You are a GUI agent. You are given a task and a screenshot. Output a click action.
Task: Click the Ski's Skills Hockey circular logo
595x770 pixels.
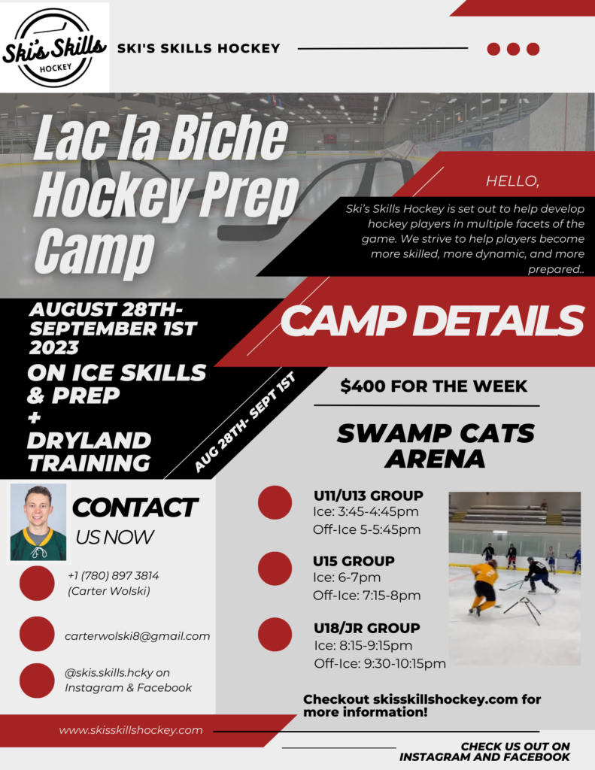(x=54, y=47)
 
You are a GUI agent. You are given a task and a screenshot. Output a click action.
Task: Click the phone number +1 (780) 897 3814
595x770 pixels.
(x=113, y=576)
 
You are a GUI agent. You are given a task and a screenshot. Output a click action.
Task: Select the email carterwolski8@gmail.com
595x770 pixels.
(x=137, y=636)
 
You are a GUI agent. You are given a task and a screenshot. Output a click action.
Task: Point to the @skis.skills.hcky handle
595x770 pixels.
(x=117, y=673)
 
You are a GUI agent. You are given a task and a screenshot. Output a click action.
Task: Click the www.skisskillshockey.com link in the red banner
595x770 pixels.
(x=131, y=730)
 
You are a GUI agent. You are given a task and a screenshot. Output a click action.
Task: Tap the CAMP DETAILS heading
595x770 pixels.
(x=432, y=321)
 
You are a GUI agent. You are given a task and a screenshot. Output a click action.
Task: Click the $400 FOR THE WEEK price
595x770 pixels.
(x=434, y=387)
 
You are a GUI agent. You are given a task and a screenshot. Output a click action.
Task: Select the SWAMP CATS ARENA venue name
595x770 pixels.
(x=436, y=445)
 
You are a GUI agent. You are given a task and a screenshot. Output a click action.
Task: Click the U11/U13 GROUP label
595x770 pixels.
(x=368, y=496)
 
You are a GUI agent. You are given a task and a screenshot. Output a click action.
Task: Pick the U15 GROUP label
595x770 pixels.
(x=354, y=561)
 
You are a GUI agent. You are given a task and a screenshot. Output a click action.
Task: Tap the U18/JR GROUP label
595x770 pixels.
(x=366, y=628)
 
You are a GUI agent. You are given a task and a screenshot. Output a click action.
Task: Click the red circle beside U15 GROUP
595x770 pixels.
(x=275, y=568)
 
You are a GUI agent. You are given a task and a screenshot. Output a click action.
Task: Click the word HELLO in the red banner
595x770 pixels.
(x=512, y=181)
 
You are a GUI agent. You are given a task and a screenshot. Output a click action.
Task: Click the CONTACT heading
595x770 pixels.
(x=135, y=508)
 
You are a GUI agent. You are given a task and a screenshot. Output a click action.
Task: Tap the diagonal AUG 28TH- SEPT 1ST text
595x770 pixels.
(x=245, y=421)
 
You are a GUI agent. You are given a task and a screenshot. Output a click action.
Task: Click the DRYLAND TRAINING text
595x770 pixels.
(x=89, y=451)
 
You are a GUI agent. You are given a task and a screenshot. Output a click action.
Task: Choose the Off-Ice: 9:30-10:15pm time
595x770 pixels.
(x=380, y=663)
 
